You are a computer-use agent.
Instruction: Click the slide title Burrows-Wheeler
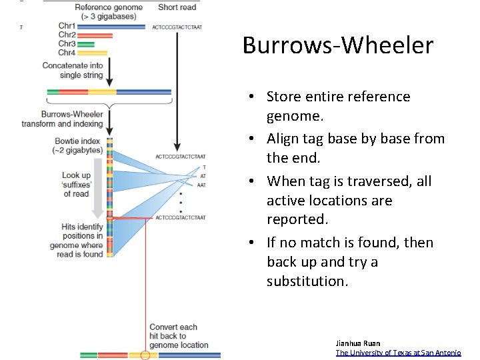coord(338,45)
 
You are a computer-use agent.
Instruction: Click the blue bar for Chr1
coord(111,27)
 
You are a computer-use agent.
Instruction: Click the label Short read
coord(177,8)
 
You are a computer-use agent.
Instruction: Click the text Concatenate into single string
coord(73,70)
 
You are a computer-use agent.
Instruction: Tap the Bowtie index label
coord(77,145)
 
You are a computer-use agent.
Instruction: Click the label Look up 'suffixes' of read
coord(76,185)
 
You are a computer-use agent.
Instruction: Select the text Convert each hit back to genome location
coord(178,336)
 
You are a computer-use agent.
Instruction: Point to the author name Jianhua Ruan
coord(358,343)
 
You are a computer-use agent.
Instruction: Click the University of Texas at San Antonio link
coord(398,353)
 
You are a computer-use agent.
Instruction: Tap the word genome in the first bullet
coord(295,116)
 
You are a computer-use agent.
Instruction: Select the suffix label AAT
coord(201,185)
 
